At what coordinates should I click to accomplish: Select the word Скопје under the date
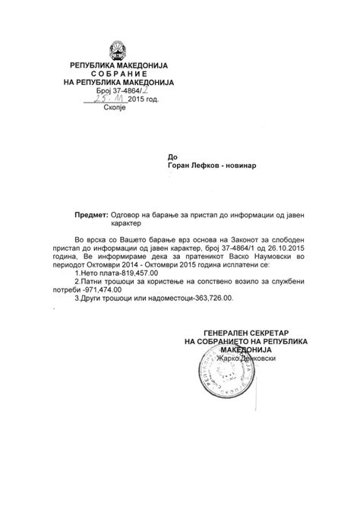[118, 109]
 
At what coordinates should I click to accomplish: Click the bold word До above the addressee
[173, 156]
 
